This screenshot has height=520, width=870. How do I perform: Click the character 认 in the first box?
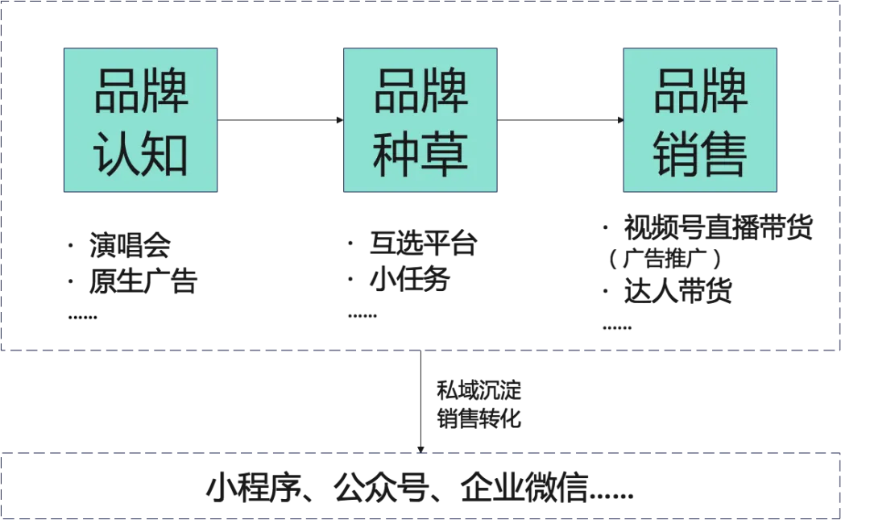pyautogui.click(x=118, y=153)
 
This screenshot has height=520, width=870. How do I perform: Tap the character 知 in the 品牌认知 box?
pyautogui.click(x=165, y=153)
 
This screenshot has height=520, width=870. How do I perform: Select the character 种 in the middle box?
pyautogui.click(x=396, y=153)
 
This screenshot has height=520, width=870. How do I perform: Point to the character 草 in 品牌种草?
pyautogui.click(x=445, y=153)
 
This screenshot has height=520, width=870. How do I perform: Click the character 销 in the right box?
pyautogui.click(x=676, y=153)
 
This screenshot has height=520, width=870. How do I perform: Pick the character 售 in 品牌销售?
pyautogui.click(x=724, y=153)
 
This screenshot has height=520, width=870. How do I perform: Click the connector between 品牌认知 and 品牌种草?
pyautogui.click(x=280, y=119)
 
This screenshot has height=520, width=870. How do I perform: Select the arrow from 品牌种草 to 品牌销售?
pyautogui.click(x=560, y=120)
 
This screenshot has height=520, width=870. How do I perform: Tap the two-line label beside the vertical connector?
pyautogui.click(x=476, y=404)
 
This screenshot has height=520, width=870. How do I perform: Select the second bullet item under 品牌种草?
pyautogui.click(x=408, y=281)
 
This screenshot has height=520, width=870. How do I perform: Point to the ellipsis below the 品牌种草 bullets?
pyautogui.click(x=361, y=317)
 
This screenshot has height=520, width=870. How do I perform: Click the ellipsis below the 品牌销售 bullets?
pyautogui.click(x=617, y=328)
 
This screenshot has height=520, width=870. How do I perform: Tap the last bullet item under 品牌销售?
pyautogui.click(x=679, y=292)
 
